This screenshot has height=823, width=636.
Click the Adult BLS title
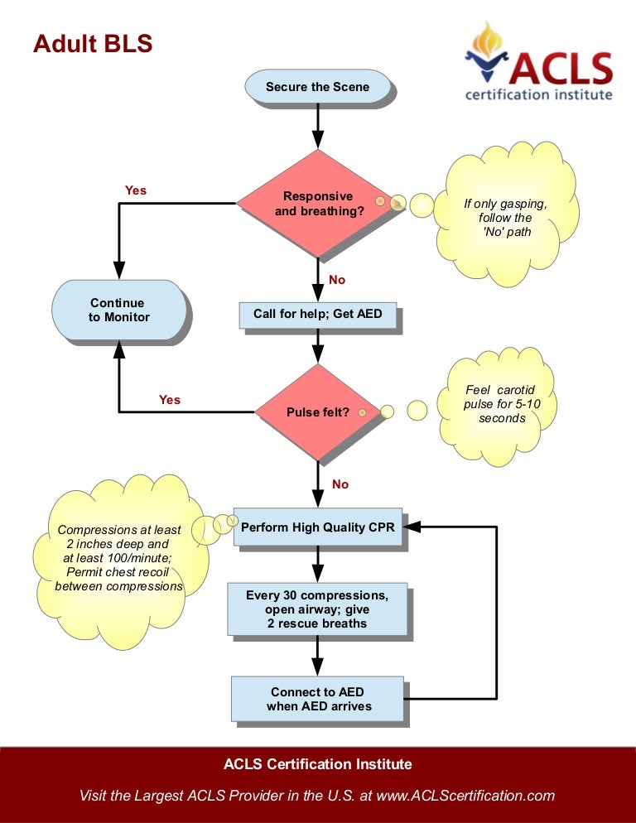coord(93,43)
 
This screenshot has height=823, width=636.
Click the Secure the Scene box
coord(317,87)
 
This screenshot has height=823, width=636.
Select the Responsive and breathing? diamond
coord(318,204)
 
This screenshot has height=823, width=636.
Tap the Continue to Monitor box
coord(117,310)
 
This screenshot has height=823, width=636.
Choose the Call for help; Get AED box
coord(317,315)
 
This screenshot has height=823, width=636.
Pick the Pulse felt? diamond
coord(318,411)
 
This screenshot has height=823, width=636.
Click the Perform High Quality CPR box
coord(317,527)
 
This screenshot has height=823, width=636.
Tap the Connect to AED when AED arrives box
coord(317,699)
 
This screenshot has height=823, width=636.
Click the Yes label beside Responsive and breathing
coord(135,190)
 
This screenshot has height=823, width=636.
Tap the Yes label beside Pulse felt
coord(169,400)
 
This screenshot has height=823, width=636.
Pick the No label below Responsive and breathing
coord(337,280)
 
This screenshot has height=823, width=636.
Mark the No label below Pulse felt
coord(340,484)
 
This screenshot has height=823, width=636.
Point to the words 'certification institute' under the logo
coord(538,94)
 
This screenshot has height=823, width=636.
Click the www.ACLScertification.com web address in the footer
coord(465,796)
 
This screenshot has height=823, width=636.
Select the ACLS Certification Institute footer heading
coord(317,763)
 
